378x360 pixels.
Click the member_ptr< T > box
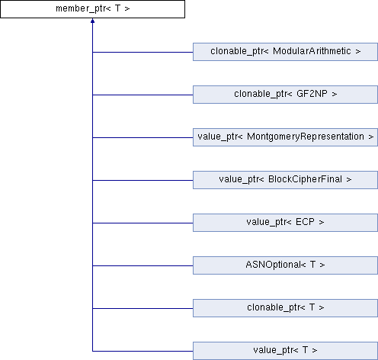click(x=92, y=9)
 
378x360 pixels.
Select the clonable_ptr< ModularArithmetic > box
click(x=285, y=52)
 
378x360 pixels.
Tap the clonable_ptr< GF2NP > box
click(x=285, y=95)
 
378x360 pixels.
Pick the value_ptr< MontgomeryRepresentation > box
click(x=285, y=137)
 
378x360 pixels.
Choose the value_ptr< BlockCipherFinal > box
click(x=285, y=180)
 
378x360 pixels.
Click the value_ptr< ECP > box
click(x=285, y=223)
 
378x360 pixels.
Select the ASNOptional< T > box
click(x=285, y=265)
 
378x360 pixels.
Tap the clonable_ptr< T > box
click(x=285, y=308)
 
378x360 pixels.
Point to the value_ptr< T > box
click(x=285, y=351)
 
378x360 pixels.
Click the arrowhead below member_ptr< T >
click(x=92, y=21)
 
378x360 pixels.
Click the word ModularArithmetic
click(x=312, y=51)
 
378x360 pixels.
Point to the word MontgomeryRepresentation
click(x=306, y=137)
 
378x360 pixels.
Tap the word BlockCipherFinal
click(x=305, y=179)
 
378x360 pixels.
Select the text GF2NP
click(x=312, y=94)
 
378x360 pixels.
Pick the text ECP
click(x=305, y=222)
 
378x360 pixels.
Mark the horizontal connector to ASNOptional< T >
click(x=143, y=265)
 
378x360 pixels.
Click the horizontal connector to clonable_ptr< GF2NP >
click(x=143, y=95)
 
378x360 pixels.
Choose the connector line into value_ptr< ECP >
click(x=143, y=223)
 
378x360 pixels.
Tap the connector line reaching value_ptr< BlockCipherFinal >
click(x=143, y=180)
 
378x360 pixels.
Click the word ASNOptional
click(x=274, y=265)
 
